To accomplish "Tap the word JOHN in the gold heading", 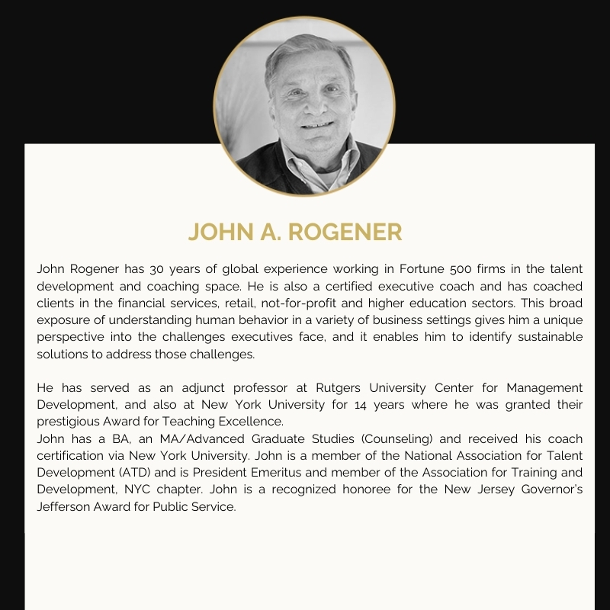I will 219,232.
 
